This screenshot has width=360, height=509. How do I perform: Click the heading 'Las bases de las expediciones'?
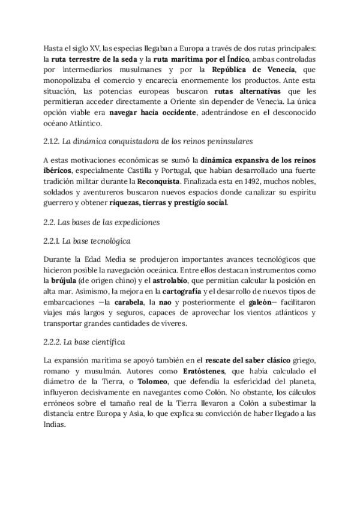101,221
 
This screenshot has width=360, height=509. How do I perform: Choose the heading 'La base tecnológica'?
87,241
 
